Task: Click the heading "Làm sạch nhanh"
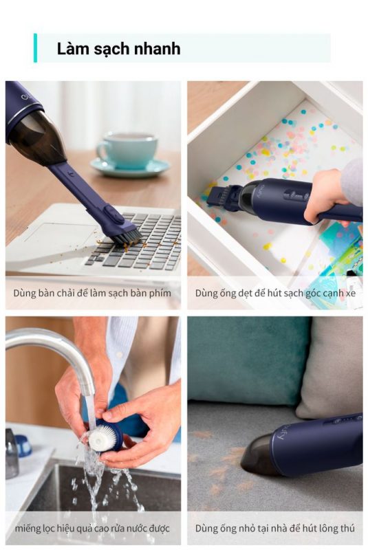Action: pyautogui.click(x=118, y=48)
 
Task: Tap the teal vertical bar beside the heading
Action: pyautogui.click(x=35, y=48)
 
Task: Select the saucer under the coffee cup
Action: pyautogui.click(x=131, y=168)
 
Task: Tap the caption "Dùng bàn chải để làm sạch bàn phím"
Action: pyautogui.click(x=92, y=293)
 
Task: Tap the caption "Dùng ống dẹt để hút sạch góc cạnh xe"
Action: pyautogui.click(x=275, y=293)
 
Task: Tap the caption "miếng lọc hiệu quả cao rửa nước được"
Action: pyautogui.click(x=92, y=528)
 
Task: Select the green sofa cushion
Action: pyautogui.click(x=248, y=362)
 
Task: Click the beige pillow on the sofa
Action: pyautogui.click(x=329, y=368)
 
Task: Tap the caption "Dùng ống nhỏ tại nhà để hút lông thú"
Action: pyautogui.click(x=275, y=528)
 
